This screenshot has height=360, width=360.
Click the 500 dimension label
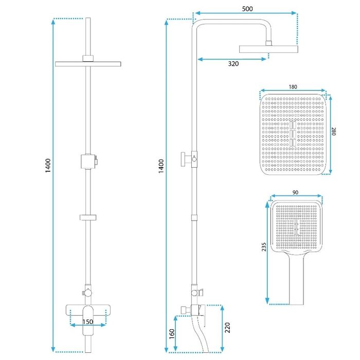click(247, 9)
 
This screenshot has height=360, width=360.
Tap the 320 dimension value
click(233, 64)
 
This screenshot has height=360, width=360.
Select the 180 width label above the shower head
click(293, 87)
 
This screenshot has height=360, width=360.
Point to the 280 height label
click(334, 131)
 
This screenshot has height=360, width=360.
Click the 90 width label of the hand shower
click(296, 192)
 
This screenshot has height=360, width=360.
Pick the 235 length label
click(264, 247)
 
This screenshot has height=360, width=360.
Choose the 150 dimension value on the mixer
click(88, 322)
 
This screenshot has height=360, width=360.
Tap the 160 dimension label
click(172, 334)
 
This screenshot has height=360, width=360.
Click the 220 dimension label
click(227, 328)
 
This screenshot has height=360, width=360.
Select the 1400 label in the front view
click(48, 166)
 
